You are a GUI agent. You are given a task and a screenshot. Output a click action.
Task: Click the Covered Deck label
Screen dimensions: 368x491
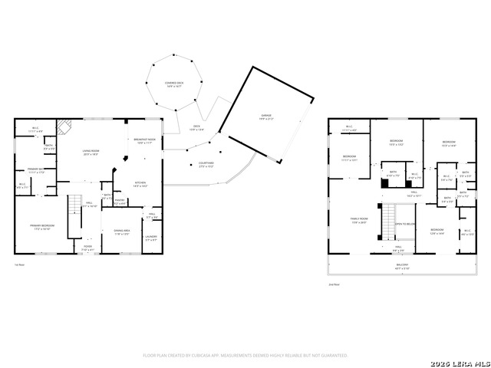pyautogui.click(x=175, y=84)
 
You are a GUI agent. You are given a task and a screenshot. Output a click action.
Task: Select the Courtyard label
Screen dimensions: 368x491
pyautogui.click(x=206, y=164)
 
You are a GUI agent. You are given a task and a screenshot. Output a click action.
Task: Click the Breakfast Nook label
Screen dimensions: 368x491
pyautogui.click(x=146, y=140)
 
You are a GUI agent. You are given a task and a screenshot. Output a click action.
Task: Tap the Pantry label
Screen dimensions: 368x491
pyautogui.click(x=119, y=202)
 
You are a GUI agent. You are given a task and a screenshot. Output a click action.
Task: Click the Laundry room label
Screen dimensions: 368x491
pyautogui.click(x=151, y=238)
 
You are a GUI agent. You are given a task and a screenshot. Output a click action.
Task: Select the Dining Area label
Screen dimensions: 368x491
pyautogui.click(x=122, y=232)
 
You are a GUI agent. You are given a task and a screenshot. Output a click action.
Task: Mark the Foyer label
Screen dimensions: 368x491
pyautogui.click(x=90, y=248)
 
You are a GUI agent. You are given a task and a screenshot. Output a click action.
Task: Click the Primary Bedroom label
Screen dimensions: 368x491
pyautogui.click(x=40, y=227)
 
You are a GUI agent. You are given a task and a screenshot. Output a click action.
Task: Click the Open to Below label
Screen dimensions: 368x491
pyautogui.click(x=405, y=224)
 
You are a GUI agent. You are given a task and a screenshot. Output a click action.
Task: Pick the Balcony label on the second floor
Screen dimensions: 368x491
pyautogui.click(x=402, y=267)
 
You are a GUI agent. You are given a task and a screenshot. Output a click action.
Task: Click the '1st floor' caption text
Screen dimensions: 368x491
pyautogui.click(x=21, y=265)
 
